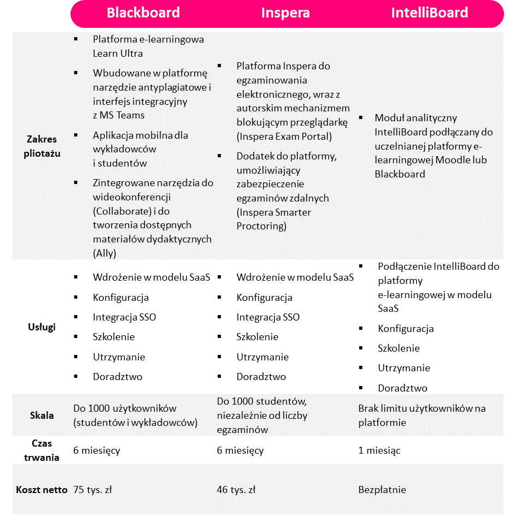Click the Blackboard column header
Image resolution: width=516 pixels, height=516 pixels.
143,13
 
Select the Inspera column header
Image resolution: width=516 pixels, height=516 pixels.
286,13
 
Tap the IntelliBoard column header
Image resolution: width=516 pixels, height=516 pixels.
429,13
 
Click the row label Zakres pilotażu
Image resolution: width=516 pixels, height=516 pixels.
42,146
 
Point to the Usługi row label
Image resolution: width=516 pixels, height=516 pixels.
42,327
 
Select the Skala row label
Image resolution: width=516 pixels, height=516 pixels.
42,415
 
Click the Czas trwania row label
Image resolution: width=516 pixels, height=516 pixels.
42,450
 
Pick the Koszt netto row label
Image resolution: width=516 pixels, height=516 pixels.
42,489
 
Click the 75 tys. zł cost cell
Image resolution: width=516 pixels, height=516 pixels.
92,490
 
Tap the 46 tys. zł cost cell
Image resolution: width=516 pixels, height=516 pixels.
236,490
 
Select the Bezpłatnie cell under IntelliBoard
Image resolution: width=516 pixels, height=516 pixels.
382,490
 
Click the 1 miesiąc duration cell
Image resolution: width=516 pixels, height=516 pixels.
379,450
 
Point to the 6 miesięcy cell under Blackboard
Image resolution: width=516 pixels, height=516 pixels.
97,450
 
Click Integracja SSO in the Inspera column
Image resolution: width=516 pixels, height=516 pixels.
268,317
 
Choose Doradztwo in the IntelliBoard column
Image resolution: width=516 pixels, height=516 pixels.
402,388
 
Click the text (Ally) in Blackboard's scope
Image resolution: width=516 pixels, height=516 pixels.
105,253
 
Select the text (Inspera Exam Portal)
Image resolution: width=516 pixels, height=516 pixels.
284,137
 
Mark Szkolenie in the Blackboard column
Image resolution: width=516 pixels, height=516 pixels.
114,337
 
